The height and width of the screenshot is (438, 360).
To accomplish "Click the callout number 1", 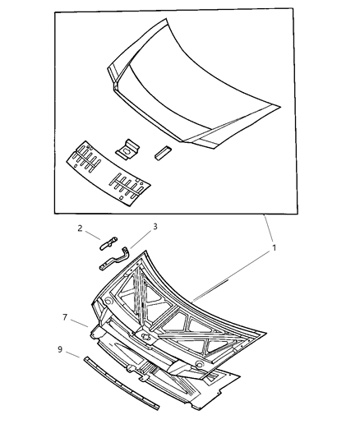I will click(274, 247).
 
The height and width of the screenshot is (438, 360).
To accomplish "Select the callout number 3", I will click(154, 227).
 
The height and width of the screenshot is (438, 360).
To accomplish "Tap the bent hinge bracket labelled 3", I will click(116, 260).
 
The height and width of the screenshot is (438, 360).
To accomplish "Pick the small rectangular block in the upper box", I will click(161, 151).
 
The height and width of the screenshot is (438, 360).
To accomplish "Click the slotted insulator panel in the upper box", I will click(107, 174).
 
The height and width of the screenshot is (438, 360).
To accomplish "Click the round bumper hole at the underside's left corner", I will click(108, 302).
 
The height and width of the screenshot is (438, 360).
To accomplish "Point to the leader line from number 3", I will click(140, 237).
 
